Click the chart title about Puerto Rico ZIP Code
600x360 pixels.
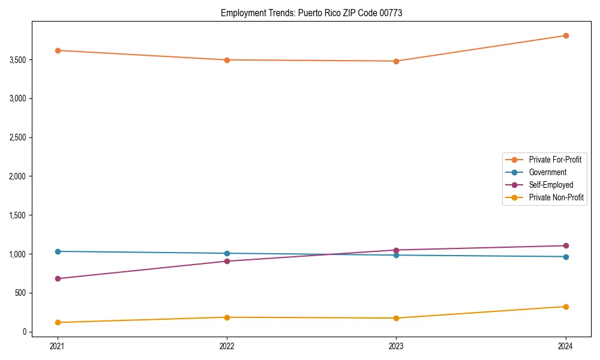[x=311, y=13]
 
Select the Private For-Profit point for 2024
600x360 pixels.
[x=566, y=35]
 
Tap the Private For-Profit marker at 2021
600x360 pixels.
[x=58, y=50]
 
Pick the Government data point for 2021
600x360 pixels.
[x=58, y=251]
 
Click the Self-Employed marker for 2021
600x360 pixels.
[x=58, y=278]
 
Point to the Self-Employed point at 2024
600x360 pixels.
[x=566, y=245]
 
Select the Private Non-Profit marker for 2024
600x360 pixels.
[x=566, y=307]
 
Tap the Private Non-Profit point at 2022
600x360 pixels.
[x=227, y=317]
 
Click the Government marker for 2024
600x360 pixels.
[x=566, y=257]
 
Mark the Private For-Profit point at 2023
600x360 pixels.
[x=396, y=61]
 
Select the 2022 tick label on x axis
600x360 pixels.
[x=227, y=346]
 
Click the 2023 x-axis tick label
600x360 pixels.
[x=396, y=346]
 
